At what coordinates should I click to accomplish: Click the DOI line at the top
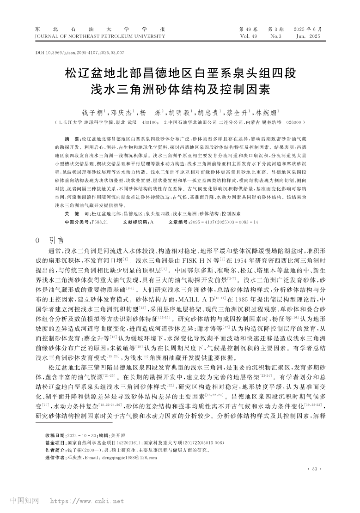79,52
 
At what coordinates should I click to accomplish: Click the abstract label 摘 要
72,139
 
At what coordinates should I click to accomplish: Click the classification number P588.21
100,222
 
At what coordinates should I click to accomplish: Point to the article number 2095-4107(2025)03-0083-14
223,222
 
